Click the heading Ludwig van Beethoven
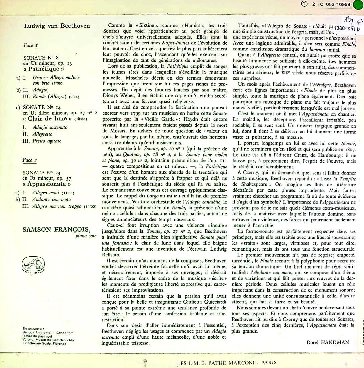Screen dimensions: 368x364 pyautogui.click(x=57, y=26)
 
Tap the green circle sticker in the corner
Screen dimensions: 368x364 pyautogui.click(x=359, y=5)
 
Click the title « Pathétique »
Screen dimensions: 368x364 pyautogui.click(x=43, y=69)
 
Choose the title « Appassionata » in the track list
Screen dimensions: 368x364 pyautogui.click(x=47, y=184)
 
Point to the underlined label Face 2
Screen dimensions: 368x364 pyautogui.click(x=30, y=160)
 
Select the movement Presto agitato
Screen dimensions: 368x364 pyautogui.click(x=47, y=141)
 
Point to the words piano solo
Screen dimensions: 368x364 pyautogui.click(x=78, y=236)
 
